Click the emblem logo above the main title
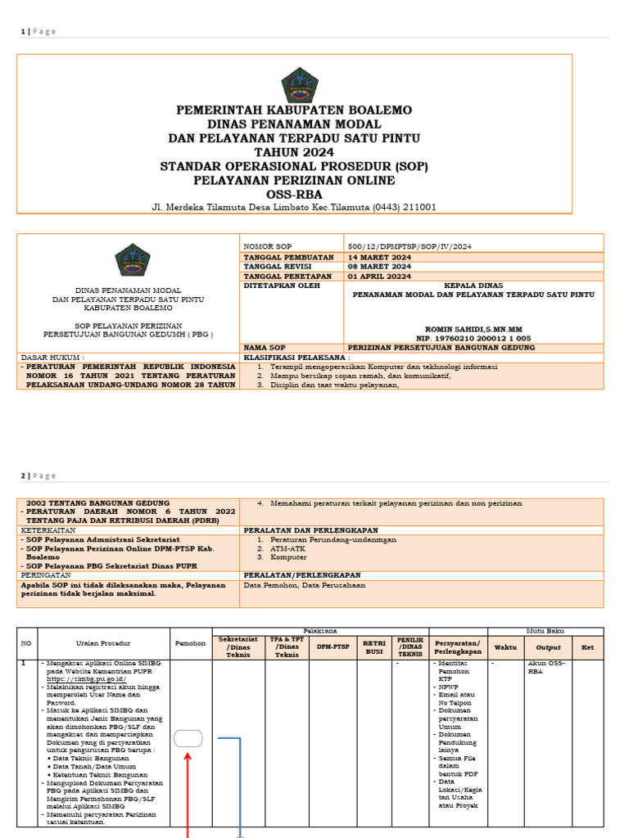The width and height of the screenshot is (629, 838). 299,84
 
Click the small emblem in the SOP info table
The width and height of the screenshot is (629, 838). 132,260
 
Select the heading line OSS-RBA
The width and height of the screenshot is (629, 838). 294,194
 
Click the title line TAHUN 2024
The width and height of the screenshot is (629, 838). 294,152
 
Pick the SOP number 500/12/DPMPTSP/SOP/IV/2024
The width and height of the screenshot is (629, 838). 410,246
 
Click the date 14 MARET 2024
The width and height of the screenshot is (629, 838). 380,256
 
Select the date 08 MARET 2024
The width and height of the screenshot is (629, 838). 380,266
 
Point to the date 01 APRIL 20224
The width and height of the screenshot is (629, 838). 381,276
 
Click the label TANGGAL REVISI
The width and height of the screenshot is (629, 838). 276,266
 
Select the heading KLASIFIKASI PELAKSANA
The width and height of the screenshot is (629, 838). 296,358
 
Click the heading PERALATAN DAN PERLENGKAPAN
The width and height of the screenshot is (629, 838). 310,530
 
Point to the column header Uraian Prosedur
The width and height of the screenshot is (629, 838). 103,644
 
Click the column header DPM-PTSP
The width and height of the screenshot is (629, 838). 331,646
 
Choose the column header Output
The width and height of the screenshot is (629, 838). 548,647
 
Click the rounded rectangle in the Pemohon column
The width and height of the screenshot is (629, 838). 188,738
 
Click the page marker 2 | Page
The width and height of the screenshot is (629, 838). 38,475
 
